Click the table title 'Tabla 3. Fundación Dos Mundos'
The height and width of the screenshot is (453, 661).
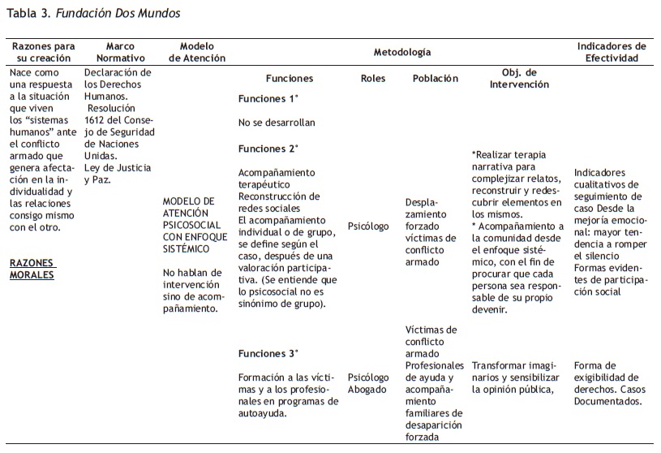[x=93, y=14]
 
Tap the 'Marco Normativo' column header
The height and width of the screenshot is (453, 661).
[x=120, y=53]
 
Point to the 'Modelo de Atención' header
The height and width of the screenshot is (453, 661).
[x=197, y=53]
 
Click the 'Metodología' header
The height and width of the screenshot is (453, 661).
[x=401, y=52]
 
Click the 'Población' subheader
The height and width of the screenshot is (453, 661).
[x=435, y=79]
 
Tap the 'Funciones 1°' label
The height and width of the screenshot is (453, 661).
[x=268, y=99]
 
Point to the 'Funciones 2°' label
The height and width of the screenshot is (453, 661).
[x=268, y=149]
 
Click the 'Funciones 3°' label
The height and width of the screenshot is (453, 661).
[x=268, y=353]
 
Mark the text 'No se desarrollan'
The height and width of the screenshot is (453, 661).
[x=277, y=123]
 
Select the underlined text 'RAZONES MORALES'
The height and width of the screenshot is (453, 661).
[x=32, y=269]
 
